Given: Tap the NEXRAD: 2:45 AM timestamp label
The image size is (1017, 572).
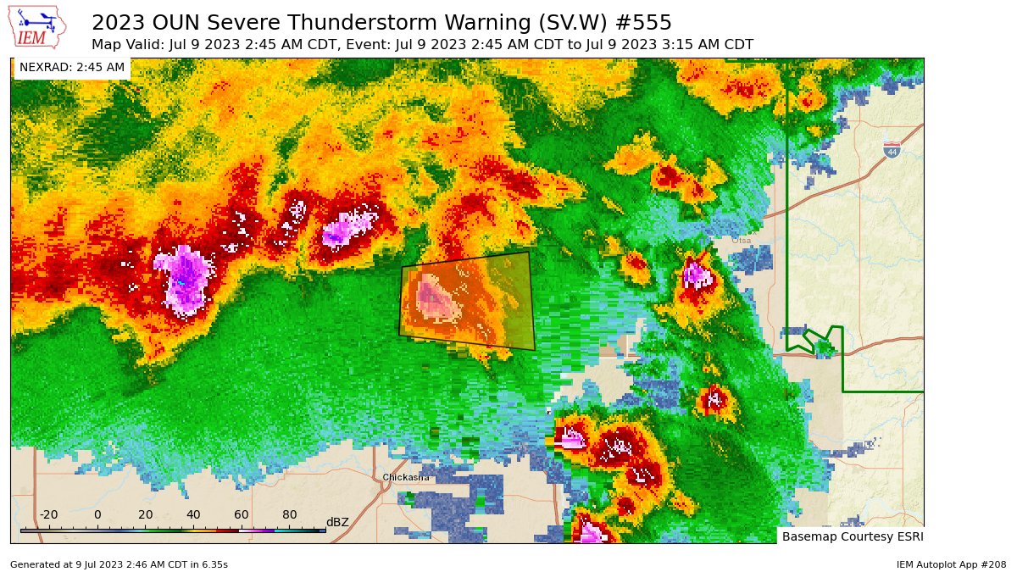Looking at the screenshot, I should [x=72, y=67].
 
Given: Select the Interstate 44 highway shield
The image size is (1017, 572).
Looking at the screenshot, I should [x=892, y=150].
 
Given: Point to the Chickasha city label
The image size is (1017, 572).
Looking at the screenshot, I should [x=405, y=478].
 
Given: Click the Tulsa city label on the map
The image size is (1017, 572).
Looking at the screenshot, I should [x=741, y=241].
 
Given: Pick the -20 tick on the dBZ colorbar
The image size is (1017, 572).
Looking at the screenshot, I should [x=48, y=515].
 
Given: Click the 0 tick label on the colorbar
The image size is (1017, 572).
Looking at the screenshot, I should [x=97, y=515].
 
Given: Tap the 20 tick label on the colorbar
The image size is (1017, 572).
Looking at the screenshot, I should [x=146, y=515].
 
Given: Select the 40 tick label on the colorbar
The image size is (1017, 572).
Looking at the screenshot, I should [x=193, y=515].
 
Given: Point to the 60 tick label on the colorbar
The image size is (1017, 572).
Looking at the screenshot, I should [x=242, y=515].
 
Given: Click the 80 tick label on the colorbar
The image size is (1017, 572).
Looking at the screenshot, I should [x=290, y=515].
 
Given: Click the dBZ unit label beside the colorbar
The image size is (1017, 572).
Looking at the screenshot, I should [x=337, y=522].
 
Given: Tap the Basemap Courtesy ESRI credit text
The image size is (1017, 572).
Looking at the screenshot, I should [x=852, y=536].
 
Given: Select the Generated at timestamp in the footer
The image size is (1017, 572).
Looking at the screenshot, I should [x=119, y=564].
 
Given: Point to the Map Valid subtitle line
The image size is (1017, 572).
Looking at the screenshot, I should [x=422, y=44].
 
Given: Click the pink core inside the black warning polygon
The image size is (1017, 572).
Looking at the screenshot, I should [x=432, y=297].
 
